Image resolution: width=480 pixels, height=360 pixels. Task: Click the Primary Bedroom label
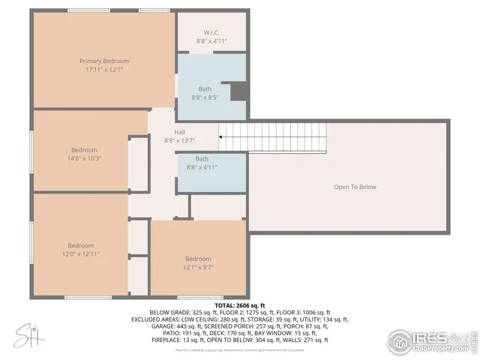coord(104,61)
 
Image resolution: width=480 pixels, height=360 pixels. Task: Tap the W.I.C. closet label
coord(211,32)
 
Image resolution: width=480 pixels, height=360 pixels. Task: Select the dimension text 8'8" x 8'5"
coord(205,97)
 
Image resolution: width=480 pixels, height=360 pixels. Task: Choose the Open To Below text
coord(355,187)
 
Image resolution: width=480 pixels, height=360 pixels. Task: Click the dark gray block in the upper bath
coord(238,90)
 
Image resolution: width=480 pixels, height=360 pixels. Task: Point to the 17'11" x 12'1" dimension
coord(104,70)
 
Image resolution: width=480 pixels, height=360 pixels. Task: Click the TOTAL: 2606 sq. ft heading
coord(239,306)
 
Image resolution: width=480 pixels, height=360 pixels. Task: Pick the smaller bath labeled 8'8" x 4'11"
coord(202,163)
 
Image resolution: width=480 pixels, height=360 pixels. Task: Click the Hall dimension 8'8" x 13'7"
coord(179,140)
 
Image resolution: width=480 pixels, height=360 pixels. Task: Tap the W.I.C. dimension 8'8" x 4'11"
coord(211,41)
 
